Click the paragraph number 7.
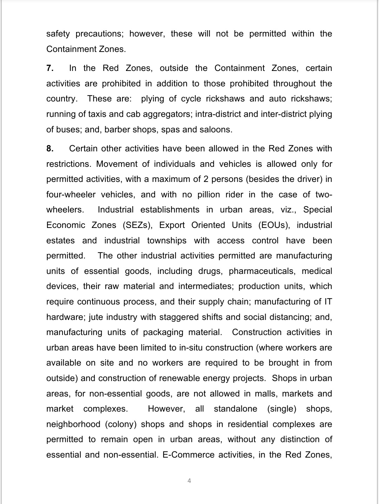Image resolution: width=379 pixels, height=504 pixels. pyautogui.click(x=49, y=68)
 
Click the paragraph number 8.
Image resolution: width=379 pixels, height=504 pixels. pyautogui.click(x=49, y=149)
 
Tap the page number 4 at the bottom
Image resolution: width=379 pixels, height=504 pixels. pyautogui.click(x=189, y=481)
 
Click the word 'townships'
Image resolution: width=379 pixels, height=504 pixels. pyautogui.click(x=167, y=241)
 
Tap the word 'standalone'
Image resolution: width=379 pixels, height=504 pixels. pyautogui.click(x=235, y=409)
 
